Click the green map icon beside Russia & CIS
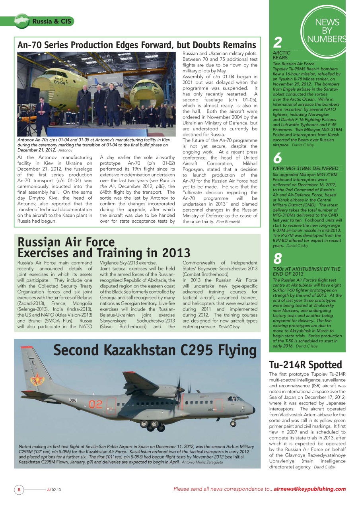[22, 20]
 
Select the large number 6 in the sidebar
[278, 158]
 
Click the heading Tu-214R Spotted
[306, 365]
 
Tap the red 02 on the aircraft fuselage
[95, 404]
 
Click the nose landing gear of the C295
[235, 422]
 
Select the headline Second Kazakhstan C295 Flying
[155, 350]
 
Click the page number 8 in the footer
[19, 490]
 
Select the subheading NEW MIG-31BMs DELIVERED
[306, 169]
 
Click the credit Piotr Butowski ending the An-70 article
[228, 221]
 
